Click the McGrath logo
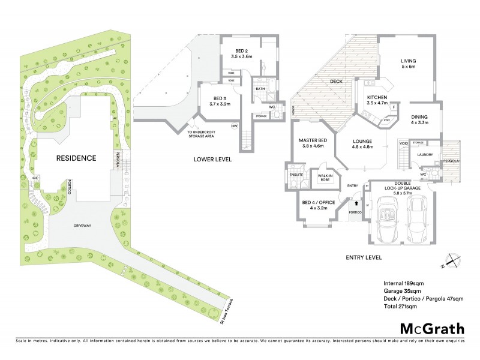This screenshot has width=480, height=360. pyautogui.click(x=432, y=328)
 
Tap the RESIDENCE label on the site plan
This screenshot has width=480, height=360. pyautogui.click(x=76, y=158)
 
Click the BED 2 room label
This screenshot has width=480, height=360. pyautogui.click(x=241, y=54)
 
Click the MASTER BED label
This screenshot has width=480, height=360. pyautogui.click(x=311, y=143)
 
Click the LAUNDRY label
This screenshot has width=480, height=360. pyautogui.click(x=425, y=155)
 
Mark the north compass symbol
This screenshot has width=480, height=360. pyautogui.click(x=454, y=261)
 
